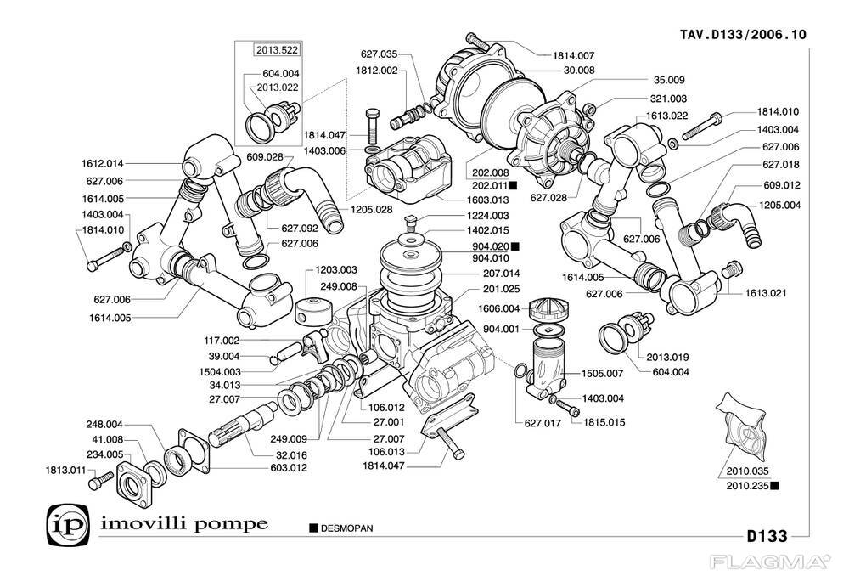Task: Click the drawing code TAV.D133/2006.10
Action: pos(743,35)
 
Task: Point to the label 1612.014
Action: pos(102,163)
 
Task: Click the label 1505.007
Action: pos(602,373)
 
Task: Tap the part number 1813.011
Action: pos(65,469)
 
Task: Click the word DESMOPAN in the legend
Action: pos(347,528)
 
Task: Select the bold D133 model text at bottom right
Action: pos(767,536)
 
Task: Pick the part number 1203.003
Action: pos(336,269)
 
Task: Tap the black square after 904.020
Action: pos(514,246)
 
